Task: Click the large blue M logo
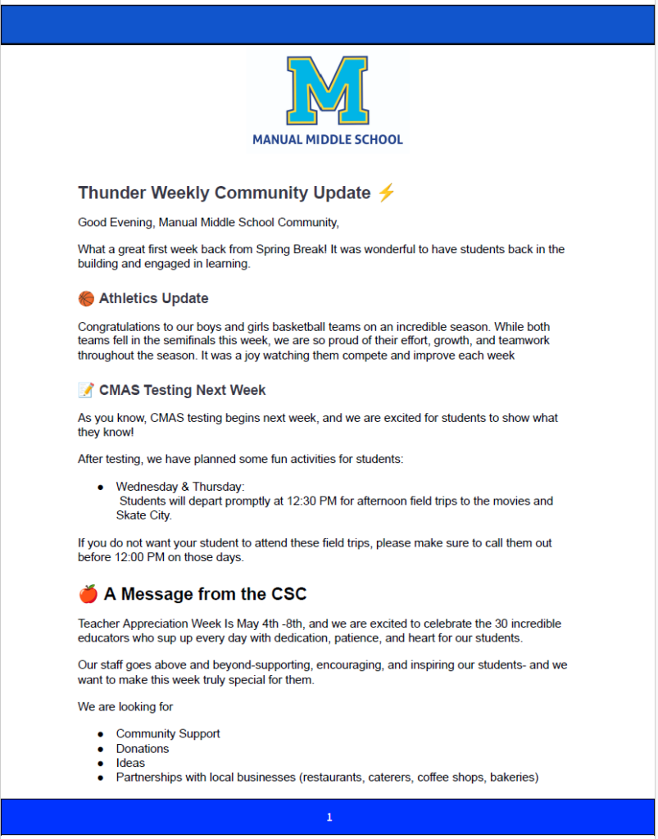(327, 89)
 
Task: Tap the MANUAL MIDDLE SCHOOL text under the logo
(327, 140)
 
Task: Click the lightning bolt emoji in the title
(387, 193)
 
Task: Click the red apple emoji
(88, 593)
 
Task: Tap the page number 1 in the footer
(329, 817)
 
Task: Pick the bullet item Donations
(143, 748)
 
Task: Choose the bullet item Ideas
(130, 763)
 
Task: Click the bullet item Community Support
(168, 733)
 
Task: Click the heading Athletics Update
(154, 298)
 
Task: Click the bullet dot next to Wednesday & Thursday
(100, 487)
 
